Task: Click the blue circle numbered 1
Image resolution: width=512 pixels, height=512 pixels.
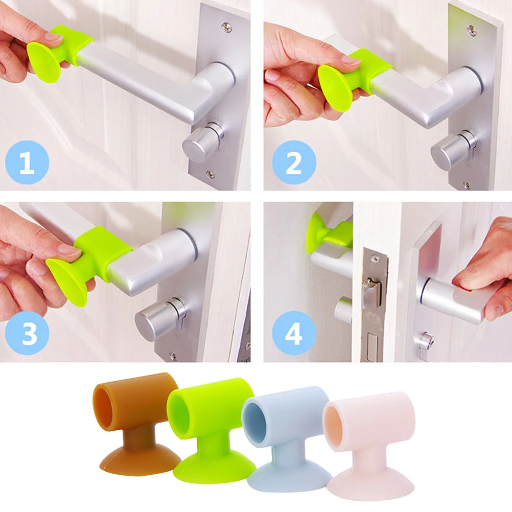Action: [x=27, y=162]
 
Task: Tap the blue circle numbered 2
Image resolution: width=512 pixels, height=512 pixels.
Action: [x=294, y=162]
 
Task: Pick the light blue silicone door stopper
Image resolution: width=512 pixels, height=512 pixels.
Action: [x=286, y=434]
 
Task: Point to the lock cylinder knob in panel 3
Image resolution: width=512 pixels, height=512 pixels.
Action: [x=156, y=319]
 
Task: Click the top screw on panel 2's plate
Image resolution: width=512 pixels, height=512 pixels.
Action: [x=471, y=29]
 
